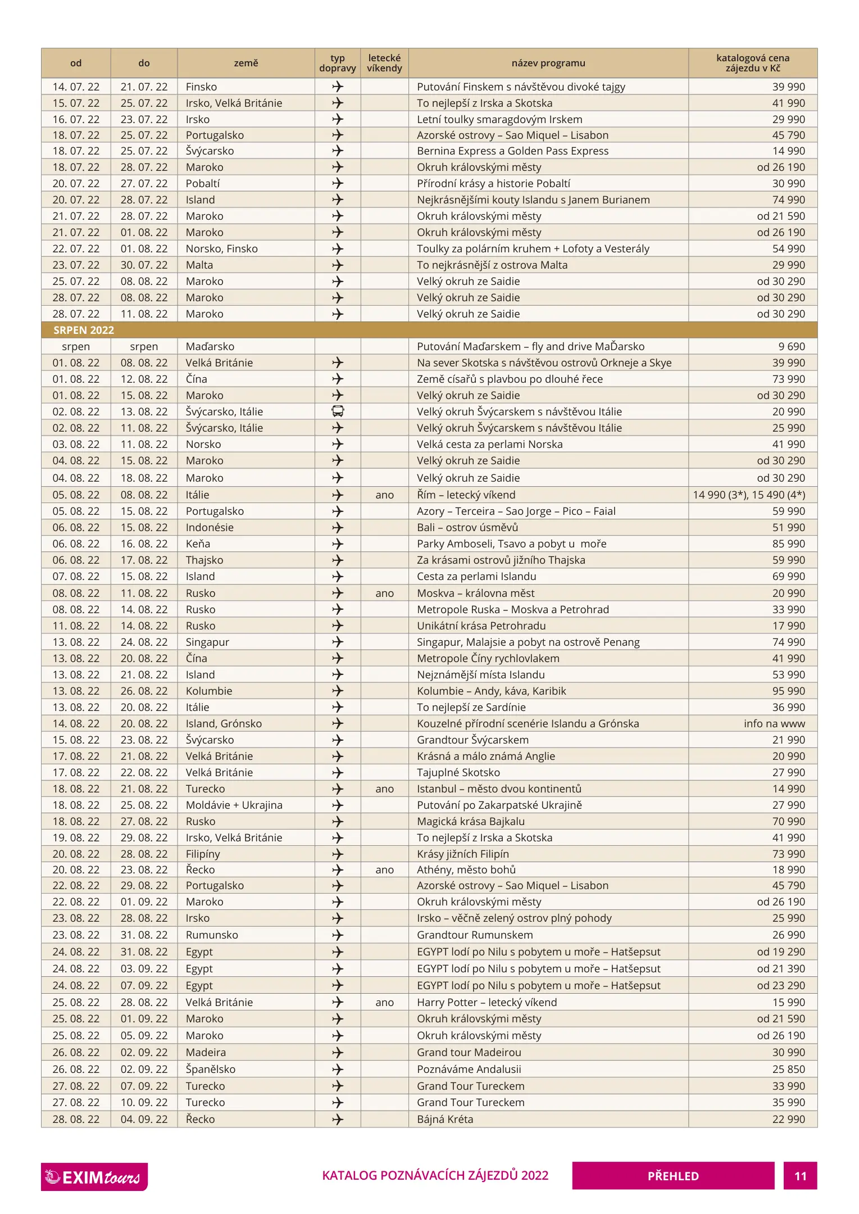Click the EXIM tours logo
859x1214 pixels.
(94, 1176)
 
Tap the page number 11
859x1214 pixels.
(800, 1176)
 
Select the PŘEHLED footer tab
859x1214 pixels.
(672, 1176)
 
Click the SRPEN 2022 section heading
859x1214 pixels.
(84, 330)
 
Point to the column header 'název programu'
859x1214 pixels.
(548, 63)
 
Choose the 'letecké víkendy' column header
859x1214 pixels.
(384, 63)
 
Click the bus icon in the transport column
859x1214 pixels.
(338, 411)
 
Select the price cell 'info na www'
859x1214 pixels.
(774, 723)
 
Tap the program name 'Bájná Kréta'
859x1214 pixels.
(445, 1119)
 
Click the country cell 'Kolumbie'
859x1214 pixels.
(209, 691)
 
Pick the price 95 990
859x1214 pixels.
(788, 691)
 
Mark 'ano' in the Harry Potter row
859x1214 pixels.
(384, 1002)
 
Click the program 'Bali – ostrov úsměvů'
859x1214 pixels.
(467, 527)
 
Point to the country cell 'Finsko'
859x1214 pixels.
(201, 87)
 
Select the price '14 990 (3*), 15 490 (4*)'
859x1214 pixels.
(749, 495)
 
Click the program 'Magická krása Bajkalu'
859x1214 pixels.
(471, 821)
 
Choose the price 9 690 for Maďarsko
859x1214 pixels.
(792, 346)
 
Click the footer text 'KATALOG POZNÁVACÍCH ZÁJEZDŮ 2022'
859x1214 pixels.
(435, 1176)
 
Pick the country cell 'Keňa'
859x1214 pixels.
(198, 543)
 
